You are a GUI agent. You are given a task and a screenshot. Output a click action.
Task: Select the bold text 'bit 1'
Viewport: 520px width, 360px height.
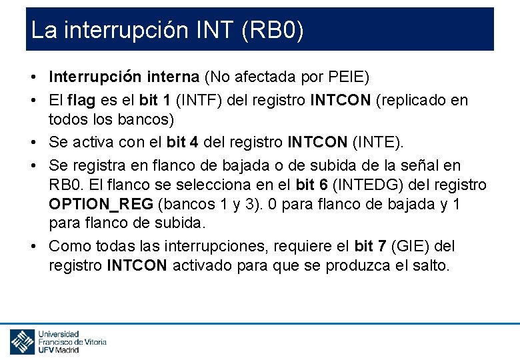pyautogui.click(x=157, y=101)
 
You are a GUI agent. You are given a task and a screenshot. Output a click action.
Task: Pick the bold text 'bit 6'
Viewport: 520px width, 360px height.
pyautogui.click(x=313, y=185)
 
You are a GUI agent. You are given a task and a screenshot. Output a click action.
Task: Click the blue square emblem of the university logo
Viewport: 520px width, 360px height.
pyautogui.click(x=22, y=341)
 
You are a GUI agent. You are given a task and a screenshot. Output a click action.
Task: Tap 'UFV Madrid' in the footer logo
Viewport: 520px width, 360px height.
pyautogui.click(x=59, y=349)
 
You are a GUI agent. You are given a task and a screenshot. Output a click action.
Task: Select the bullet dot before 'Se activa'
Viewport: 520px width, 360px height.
pyautogui.click(x=33, y=143)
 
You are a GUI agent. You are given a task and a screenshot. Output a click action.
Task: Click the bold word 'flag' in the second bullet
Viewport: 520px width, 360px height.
pyautogui.click(x=81, y=101)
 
